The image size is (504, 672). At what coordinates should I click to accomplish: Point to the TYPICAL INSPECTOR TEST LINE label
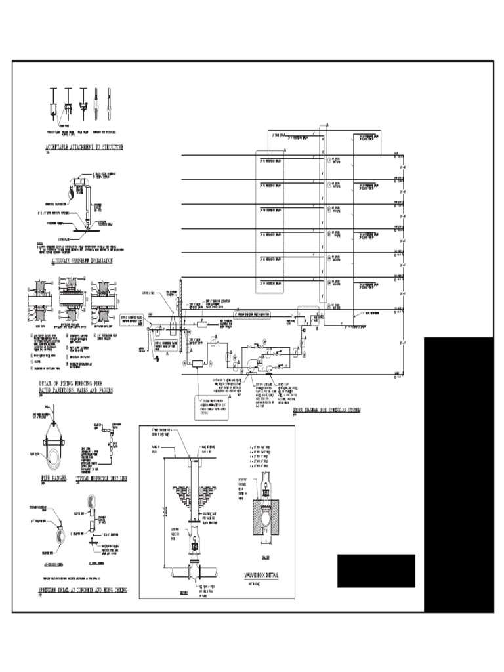click(101, 479)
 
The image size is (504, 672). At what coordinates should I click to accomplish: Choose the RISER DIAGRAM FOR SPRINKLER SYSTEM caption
click(322, 410)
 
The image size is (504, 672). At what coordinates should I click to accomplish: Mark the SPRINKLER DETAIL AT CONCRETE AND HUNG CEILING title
click(83, 591)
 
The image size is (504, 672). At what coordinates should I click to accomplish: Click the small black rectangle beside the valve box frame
click(376, 570)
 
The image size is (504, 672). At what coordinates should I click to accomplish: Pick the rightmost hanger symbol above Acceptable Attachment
click(109, 102)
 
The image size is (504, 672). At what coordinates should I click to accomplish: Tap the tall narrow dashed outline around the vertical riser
click(322, 217)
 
